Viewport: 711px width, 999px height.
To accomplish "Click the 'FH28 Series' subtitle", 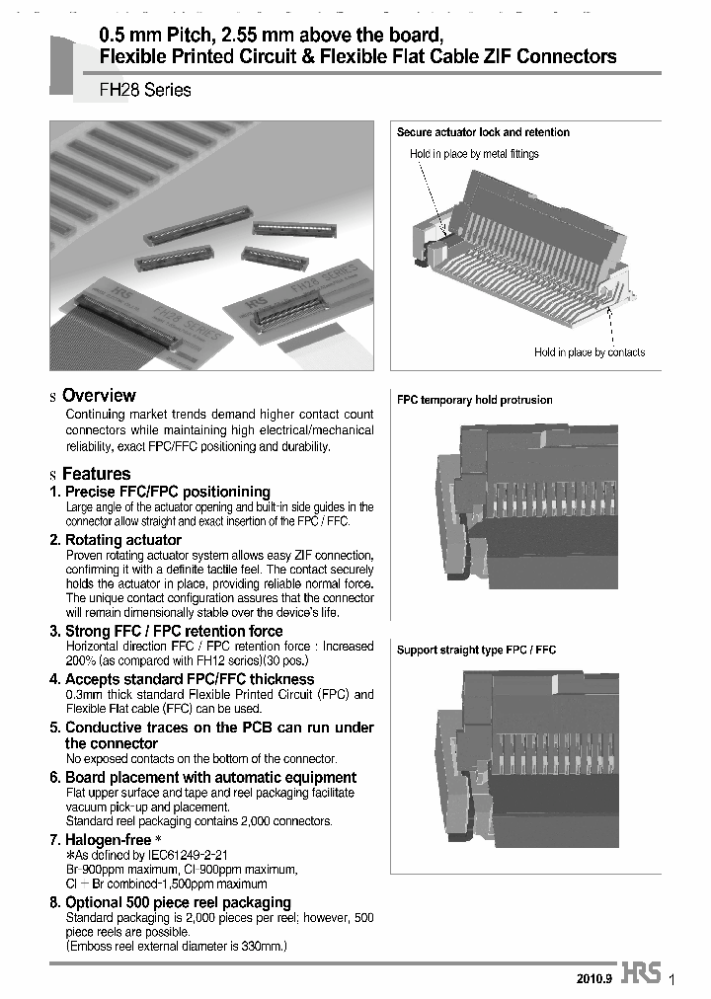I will [x=145, y=90].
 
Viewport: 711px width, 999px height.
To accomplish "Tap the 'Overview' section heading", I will [x=99, y=396].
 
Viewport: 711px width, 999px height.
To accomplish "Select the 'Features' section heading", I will [x=96, y=474].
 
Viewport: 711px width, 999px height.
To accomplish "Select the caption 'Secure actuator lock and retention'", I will [x=483, y=132].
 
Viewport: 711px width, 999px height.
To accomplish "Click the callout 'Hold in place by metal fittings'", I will [x=474, y=154].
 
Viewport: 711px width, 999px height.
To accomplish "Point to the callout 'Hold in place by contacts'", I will [x=590, y=352].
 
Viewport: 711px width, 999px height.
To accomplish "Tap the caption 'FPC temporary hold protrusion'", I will [x=475, y=400].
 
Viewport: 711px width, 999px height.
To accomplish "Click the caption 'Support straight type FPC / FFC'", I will [x=477, y=650].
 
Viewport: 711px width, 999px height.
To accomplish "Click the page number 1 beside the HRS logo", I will [x=672, y=979].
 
